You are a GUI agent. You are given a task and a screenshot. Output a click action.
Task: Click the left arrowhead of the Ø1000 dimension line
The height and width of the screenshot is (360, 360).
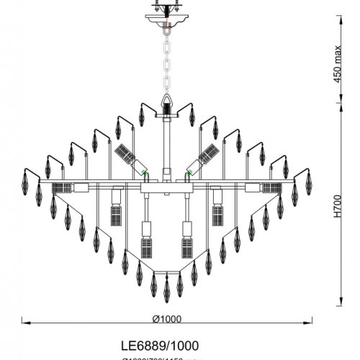click(x=23, y=320)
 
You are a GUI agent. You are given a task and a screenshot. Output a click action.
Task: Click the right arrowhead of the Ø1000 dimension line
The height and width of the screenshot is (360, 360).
click(x=311, y=320)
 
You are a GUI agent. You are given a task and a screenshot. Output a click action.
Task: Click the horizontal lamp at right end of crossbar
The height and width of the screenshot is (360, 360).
click(x=271, y=187)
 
